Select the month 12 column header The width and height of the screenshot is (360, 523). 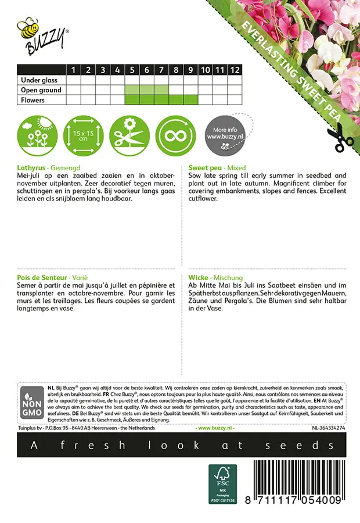[234, 70]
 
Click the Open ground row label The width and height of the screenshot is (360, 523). [41, 90]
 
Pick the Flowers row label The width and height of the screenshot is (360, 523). [33, 100]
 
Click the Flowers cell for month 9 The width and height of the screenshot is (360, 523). [190, 100]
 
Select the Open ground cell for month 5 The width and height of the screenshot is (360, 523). [132, 90]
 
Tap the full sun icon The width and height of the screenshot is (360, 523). [35, 135]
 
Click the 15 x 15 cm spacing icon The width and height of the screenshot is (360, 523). [81, 135]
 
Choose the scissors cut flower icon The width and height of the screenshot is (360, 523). [129, 135]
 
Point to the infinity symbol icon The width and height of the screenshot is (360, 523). [175, 135]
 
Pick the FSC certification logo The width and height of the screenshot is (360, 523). [223, 483]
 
